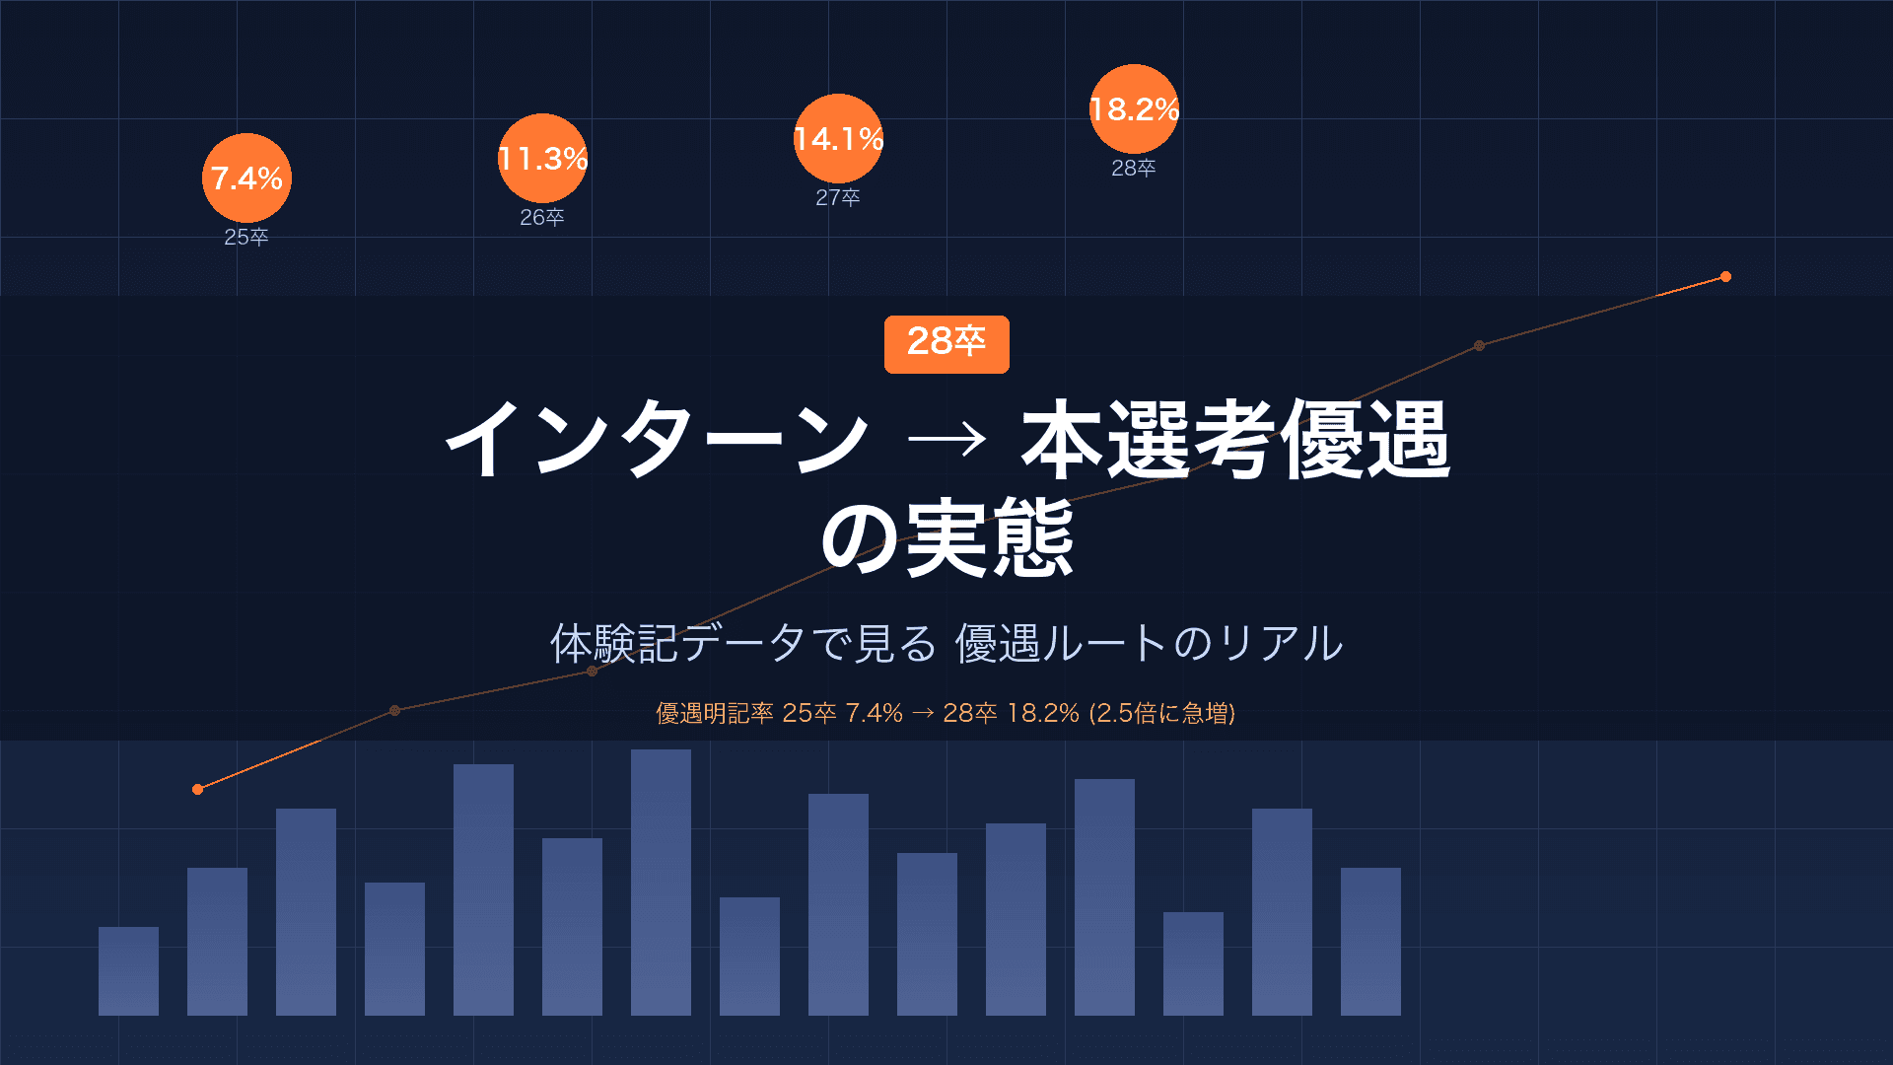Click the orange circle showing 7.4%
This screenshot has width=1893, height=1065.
(246, 177)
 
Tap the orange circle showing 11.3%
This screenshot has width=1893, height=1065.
(542, 158)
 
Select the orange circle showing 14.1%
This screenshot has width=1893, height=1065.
(838, 138)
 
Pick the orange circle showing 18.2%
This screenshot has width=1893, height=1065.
(1134, 108)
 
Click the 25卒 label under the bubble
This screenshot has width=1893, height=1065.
(246, 237)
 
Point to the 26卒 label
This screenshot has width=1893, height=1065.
(542, 217)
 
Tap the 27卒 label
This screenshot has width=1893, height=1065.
(838, 197)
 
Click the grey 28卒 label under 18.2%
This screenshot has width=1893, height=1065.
(1134, 168)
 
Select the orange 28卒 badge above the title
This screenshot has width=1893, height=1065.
(946, 343)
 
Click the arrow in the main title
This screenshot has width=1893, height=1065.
(946, 440)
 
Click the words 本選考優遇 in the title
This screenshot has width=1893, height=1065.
(1235, 440)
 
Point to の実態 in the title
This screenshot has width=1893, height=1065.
(946, 538)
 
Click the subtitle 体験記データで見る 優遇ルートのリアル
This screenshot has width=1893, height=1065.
(946, 643)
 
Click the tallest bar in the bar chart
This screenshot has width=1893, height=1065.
(661, 883)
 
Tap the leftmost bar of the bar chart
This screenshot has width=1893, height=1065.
(128, 971)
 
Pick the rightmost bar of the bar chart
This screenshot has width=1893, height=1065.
(1370, 942)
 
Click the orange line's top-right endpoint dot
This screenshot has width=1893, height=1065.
(1725, 277)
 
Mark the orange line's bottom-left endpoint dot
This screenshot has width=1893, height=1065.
(198, 789)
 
